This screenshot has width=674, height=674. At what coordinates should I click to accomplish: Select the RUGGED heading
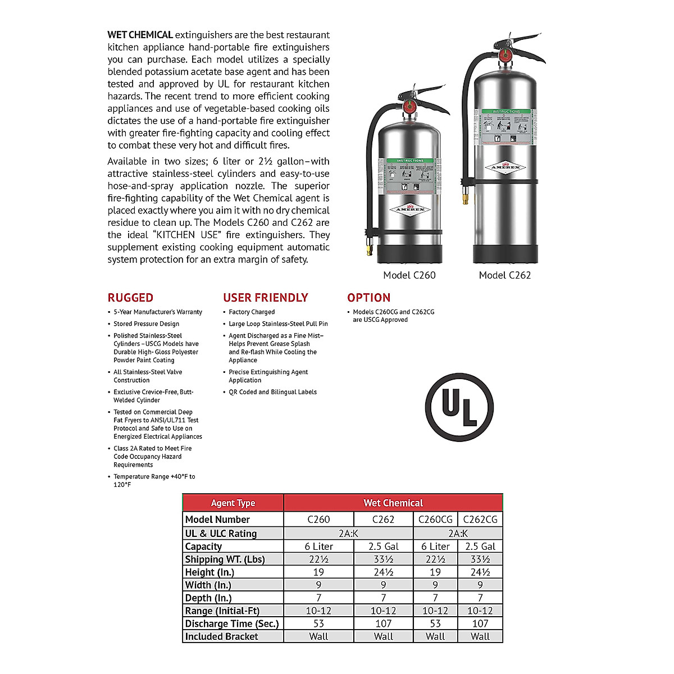tap(130, 298)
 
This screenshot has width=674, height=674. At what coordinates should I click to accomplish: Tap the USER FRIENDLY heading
tap(266, 298)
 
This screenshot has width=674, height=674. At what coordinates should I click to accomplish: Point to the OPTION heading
tap(368, 298)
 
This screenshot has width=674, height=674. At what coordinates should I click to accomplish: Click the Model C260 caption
tap(409, 275)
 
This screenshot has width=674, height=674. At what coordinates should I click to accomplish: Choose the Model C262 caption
tap(504, 275)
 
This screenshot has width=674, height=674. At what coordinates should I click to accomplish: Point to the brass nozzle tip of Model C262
tap(464, 198)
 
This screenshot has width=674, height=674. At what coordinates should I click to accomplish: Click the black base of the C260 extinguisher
tap(409, 253)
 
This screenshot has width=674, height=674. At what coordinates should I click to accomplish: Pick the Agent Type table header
tap(233, 503)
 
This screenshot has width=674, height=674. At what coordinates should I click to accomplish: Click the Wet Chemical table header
tap(393, 503)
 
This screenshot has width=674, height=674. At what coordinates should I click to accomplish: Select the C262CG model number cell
tap(480, 520)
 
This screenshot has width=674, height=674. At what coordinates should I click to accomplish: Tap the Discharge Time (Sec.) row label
tap(232, 623)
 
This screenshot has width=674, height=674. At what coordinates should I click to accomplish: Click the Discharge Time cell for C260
tap(318, 623)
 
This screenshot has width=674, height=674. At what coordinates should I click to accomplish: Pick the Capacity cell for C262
tap(384, 547)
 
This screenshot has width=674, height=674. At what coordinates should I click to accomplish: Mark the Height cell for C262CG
tap(480, 572)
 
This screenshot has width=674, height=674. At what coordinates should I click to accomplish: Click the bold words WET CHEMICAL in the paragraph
tap(140, 35)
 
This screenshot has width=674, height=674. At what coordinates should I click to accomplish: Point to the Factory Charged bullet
tap(252, 312)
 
